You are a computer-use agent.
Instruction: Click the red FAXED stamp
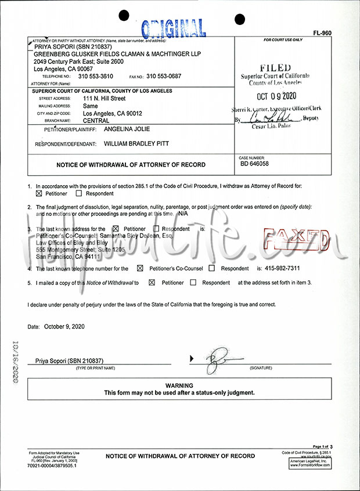click(297, 239)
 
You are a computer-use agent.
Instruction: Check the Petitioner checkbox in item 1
click(39, 193)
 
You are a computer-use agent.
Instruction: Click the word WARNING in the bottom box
click(179, 385)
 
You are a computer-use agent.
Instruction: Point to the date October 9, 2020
click(64, 327)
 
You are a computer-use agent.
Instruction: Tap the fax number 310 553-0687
click(164, 76)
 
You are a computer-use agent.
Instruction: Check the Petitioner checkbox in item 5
click(152, 283)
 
